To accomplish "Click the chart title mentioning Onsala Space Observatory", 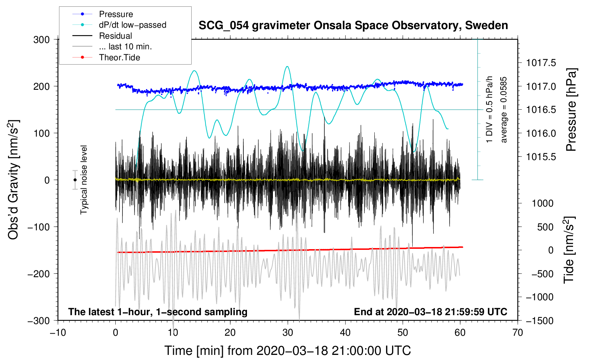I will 353,26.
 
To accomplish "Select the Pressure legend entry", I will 116,14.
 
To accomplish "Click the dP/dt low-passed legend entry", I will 132,25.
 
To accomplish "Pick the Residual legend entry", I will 115,36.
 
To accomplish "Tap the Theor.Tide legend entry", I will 119,57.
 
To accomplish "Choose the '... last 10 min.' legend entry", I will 125,46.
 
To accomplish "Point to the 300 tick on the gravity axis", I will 42,40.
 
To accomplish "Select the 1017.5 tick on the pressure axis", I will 541,63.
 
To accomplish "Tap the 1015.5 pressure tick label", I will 541,157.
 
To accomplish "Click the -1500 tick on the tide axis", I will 539,321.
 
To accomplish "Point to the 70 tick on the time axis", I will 518,333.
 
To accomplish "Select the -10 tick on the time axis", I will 58,333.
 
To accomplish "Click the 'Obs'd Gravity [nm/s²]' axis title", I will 13,180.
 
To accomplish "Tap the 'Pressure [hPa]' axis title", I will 571,110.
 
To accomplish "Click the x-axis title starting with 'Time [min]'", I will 288,351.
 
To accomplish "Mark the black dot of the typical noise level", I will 75,180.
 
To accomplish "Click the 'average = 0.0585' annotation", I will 504,110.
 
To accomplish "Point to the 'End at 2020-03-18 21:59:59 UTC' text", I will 430,312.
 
